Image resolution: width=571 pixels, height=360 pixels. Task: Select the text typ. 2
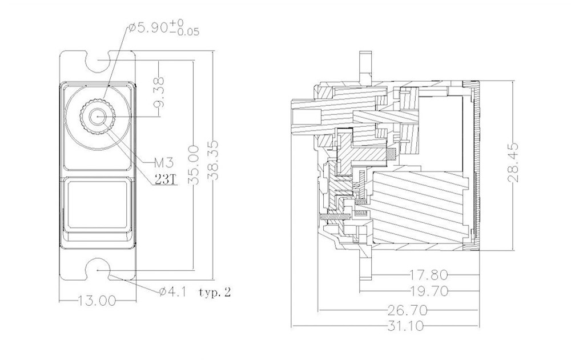215,293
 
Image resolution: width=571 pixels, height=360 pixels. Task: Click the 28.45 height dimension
516,163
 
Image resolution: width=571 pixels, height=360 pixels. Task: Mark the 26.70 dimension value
407,310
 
